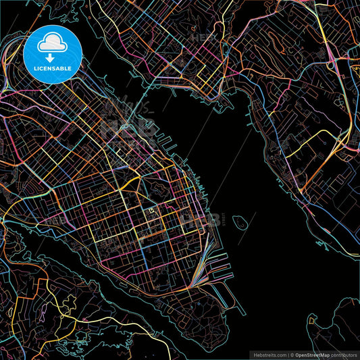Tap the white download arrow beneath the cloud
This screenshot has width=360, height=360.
53,58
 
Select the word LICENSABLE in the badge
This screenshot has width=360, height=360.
53,68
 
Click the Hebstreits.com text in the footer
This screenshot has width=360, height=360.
269,355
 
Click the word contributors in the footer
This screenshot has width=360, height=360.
345,355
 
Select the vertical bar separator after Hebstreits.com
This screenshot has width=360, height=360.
288,355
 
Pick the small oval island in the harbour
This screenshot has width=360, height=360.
238,221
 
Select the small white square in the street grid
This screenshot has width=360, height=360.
151,211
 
